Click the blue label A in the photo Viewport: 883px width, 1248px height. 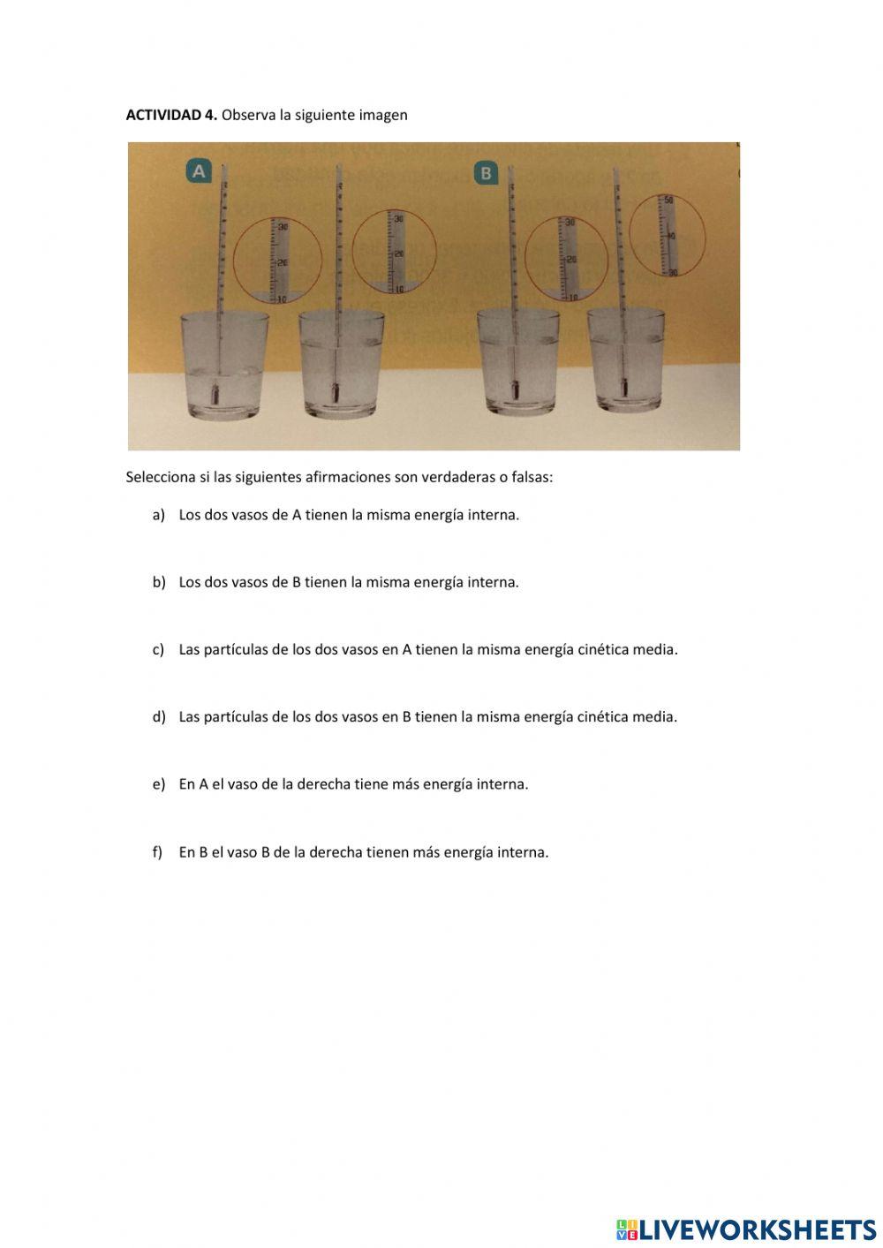[199, 170]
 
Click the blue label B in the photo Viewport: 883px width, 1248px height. [486, 172]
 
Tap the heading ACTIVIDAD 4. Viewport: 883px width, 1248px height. [171, 115]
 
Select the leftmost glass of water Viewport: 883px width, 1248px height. [224, 364]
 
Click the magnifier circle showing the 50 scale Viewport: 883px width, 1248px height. [668, 235]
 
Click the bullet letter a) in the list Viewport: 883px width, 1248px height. [159, 515]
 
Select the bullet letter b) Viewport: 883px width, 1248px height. [159, 582]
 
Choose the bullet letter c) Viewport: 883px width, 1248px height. [159, 649]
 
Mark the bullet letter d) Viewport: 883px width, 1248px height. [159, 716]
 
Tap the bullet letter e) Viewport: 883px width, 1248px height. [159, 783]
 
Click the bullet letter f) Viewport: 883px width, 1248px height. [158, 852]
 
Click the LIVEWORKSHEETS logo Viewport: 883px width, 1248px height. [746, 1229]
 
